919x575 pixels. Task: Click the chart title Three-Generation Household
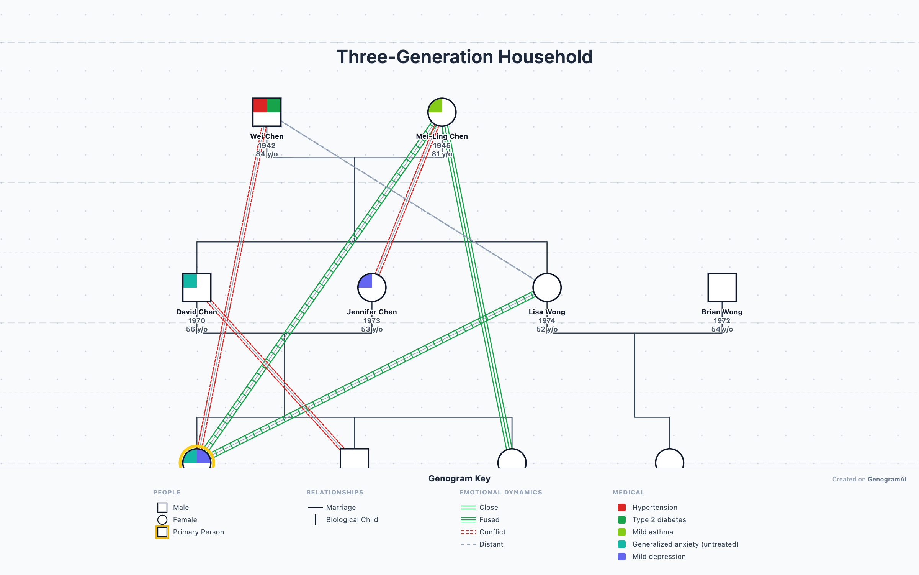click(464, 57)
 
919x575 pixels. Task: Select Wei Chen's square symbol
click(267, 112)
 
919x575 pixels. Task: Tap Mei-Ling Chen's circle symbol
click(442, 112)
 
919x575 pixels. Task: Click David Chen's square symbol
click(196, 287)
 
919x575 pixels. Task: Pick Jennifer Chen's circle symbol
click(371, 287)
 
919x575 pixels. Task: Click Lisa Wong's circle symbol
click(546, 287)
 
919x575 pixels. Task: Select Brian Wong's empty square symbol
click(722, 287)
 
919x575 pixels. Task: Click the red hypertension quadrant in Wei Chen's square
click(260, 105)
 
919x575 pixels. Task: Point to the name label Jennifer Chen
click(371, 312)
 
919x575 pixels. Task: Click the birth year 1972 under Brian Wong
click(722, 320)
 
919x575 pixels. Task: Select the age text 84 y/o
click(267, 154)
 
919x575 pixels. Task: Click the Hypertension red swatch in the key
click(621, 508)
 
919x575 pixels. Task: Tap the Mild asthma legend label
click(652, 532)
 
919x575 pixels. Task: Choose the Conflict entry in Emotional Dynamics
click(492, 532)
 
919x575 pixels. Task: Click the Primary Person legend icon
click(162, 532)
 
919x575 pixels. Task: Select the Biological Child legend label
click(352, 520)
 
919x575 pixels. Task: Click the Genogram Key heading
click(459, 478)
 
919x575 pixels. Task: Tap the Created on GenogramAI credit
click(869, 479)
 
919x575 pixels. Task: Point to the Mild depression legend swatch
click(621, 557)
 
